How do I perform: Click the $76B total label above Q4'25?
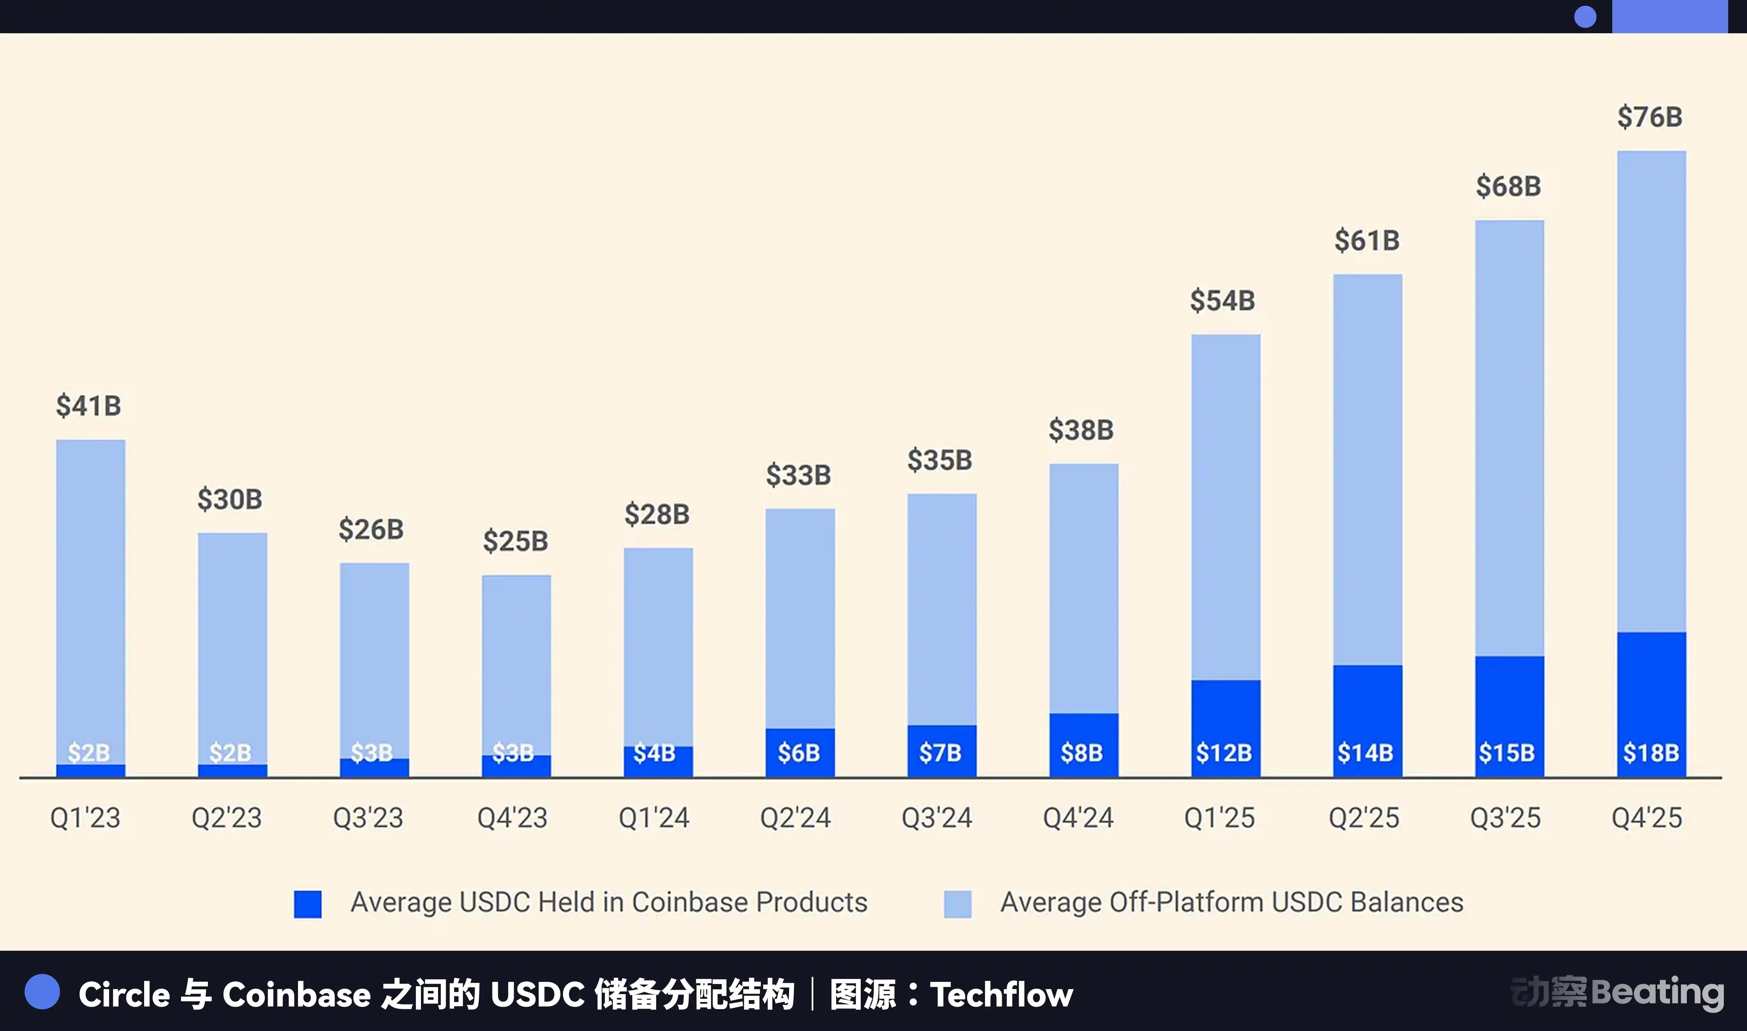[1650, 117]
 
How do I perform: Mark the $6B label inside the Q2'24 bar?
[799, 752]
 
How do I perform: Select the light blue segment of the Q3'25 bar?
[1509, 438]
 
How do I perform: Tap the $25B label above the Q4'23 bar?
[516, 541]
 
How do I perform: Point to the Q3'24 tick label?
[937, 818]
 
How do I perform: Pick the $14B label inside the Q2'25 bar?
[1365, 752]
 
